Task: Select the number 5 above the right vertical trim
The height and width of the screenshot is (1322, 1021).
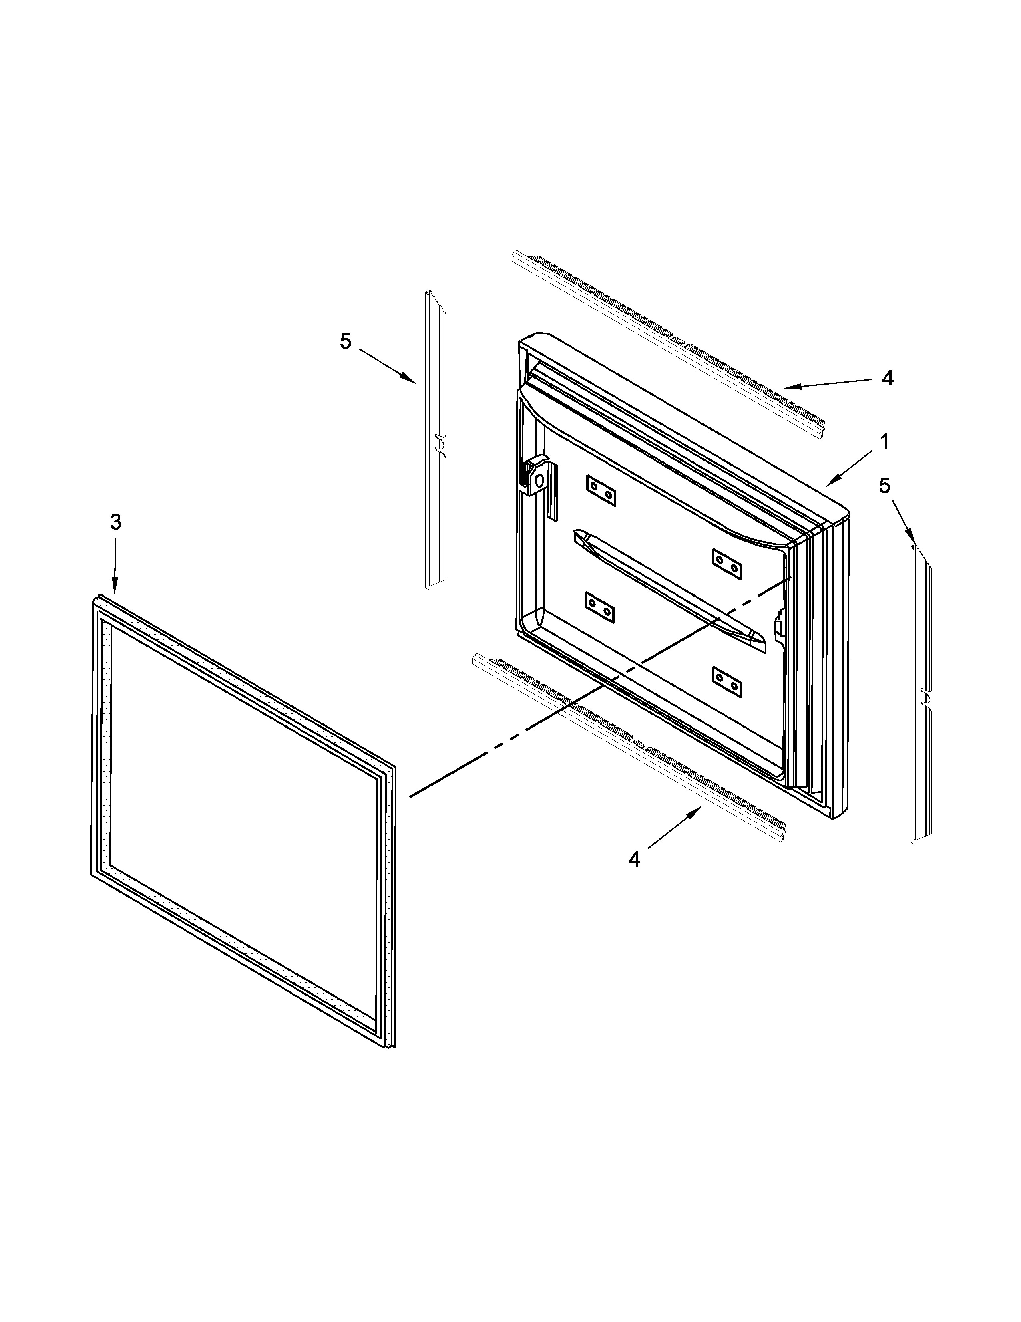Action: pyautogui.click(x=885, y=486)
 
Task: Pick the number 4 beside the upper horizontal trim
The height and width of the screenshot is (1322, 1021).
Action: pyautogui.click(x=887, y=378)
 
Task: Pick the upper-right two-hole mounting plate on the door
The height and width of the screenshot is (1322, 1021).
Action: pyautogui.click(x=726, y=564)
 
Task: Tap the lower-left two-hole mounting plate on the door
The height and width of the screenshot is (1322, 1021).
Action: pyautogui.click(x=600, y=608)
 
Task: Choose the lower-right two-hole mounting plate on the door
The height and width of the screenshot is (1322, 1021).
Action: pyautogui.click(x=727, y=681)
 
